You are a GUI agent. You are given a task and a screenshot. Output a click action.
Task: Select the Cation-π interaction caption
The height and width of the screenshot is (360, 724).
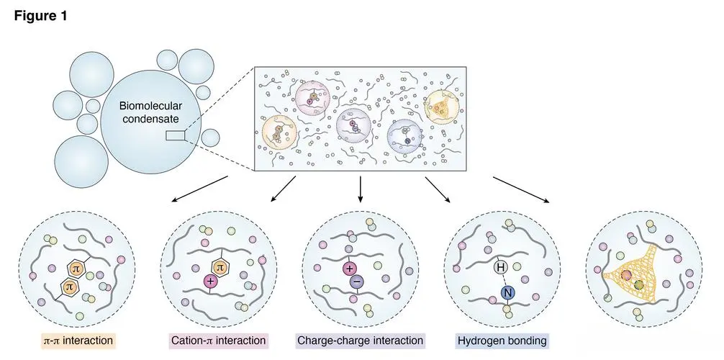click(218, 339)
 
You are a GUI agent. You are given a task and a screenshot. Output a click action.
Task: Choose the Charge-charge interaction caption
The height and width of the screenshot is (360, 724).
click(361, 339)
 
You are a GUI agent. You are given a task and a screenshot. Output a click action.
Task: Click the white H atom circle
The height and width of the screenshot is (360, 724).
click(501, 267)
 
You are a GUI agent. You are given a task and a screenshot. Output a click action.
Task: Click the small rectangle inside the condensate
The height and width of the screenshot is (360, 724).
click(175, 135)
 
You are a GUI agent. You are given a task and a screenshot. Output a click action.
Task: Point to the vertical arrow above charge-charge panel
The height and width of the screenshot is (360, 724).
click(360, 189)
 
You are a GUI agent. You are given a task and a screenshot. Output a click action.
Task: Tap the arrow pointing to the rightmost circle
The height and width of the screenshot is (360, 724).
click(523, 189)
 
